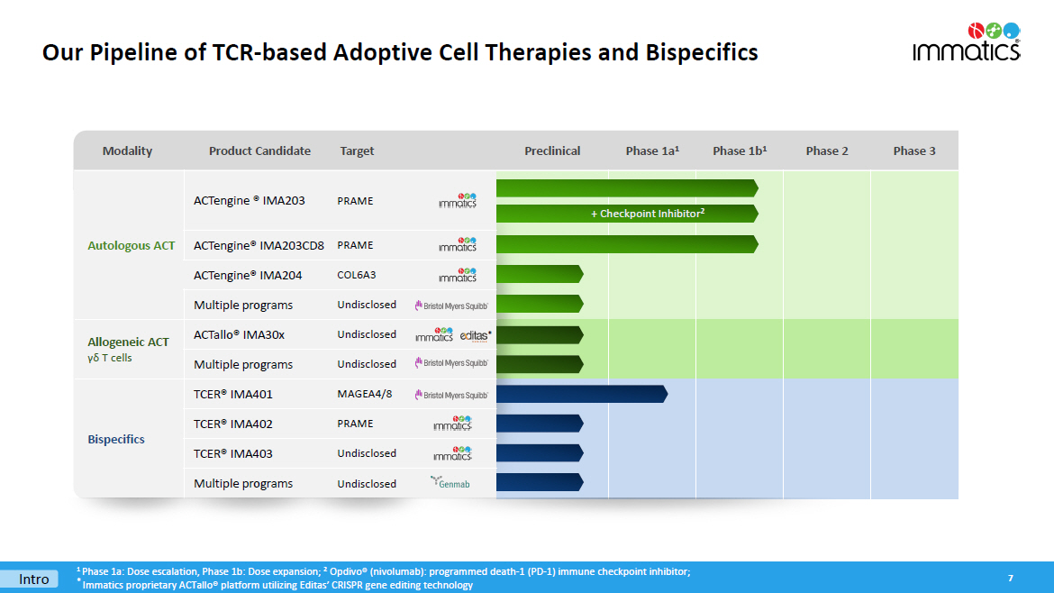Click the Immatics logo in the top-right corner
(x=967, y=41)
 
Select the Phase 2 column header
(x=827, y=151)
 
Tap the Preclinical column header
(x=552, y=151)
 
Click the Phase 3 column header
(x=914, y=151)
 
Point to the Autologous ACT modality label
(x=132, y=245)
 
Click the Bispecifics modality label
(x=116, y=439)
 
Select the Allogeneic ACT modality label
(x=128, y=342)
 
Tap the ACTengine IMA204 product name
(x=248, y=275)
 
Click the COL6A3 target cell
(x=356, y=276)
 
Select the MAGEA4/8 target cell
(x=365, y=394)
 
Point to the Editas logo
(x=476, y=335)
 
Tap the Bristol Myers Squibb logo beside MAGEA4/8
(x=451, y=395)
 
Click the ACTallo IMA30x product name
(x=239, y=334)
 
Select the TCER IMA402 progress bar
(x=539, y=424)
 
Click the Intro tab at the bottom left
(x=34, y=579)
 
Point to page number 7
(x=1011, y=578)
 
